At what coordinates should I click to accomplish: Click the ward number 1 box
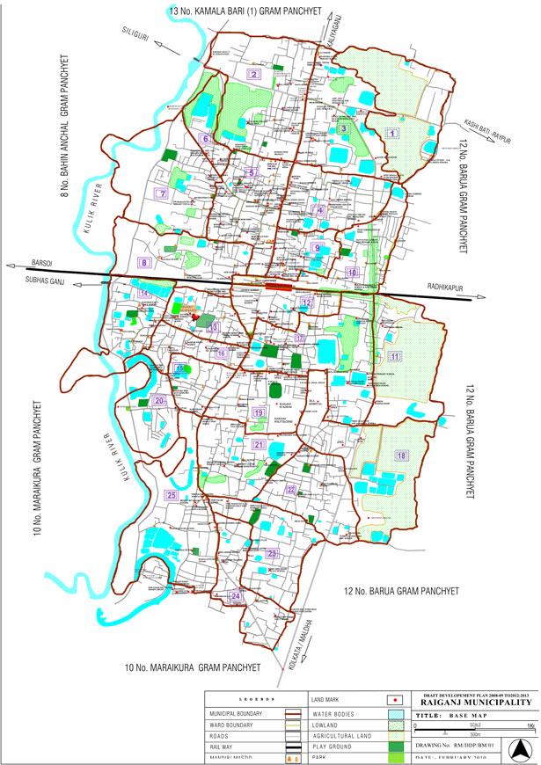click(393, 133)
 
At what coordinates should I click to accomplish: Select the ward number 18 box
click(401, 455)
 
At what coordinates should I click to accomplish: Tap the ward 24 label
click(235, 597)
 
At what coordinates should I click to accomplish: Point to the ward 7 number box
click(161, 193)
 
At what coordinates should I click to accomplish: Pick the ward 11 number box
click(396, 356)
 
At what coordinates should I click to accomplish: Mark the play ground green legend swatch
click(397, 746)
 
